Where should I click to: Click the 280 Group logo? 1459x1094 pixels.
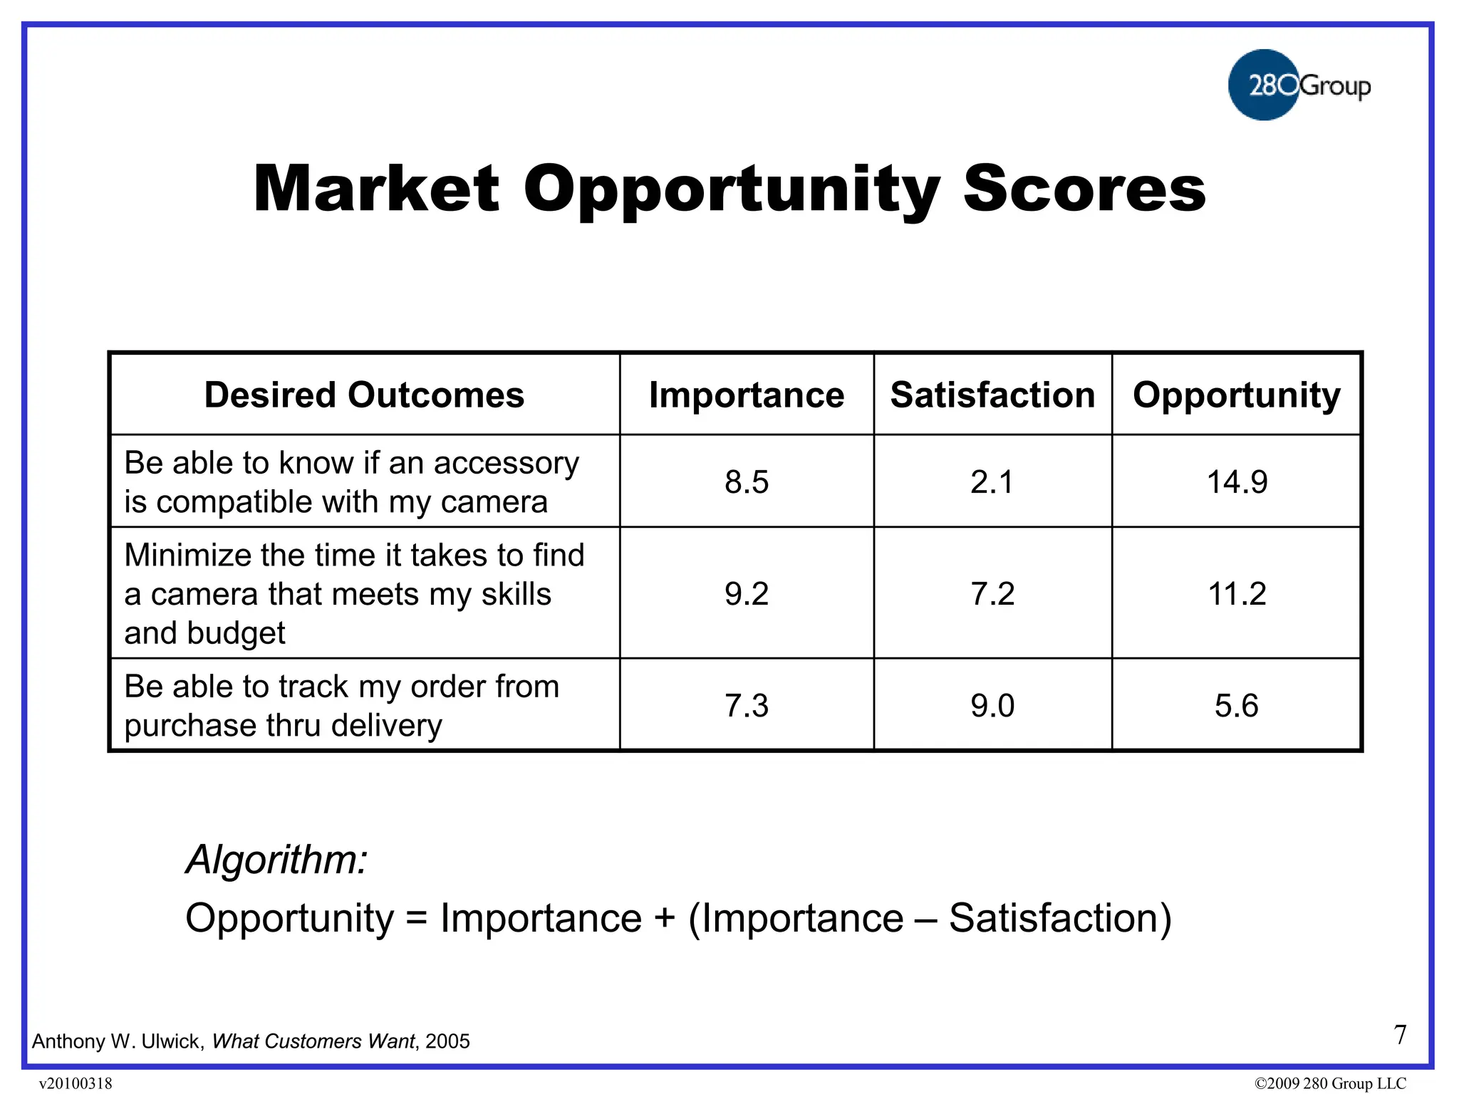[1298, 85]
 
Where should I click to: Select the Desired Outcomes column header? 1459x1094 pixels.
[364, 395]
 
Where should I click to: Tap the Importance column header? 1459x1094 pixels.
[746, 395]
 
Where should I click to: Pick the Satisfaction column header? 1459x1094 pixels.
[992, 395]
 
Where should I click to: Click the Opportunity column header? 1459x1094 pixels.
[1236, 395]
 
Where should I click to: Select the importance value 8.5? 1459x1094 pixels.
[746, 482]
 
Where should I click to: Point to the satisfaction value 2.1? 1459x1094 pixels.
[992, 482]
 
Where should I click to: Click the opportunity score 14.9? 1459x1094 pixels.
[1237, 482]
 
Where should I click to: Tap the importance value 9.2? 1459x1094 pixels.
[746, 593]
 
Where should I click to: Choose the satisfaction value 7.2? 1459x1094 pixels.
[992, 593]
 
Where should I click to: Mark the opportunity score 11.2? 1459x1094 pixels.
[1237, 593]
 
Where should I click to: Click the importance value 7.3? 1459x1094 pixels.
[746, 705]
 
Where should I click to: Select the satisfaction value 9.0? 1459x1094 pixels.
[992, 705]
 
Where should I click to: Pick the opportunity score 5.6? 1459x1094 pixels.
[1237, 705]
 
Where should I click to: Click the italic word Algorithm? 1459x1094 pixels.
[276, 860]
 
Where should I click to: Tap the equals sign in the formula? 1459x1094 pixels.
[416, 919]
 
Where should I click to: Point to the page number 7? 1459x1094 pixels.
[1400, 1035]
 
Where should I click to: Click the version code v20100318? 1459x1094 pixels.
[76, 1083]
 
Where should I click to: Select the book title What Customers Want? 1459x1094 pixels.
[313, 1041]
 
